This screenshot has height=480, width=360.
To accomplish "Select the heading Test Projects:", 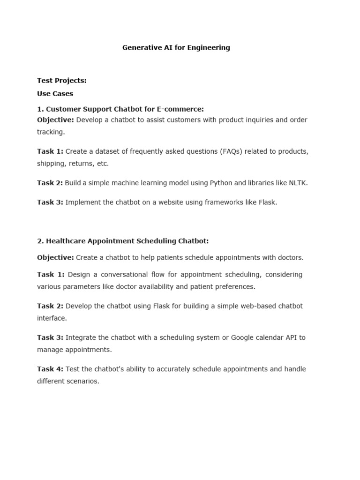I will coord(62,81).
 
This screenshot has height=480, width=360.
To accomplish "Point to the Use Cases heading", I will coord(55,94).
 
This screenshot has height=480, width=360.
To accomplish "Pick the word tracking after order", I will coord(50,132).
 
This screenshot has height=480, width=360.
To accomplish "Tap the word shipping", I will coord(51,164).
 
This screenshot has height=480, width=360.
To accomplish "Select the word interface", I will coord(52,318).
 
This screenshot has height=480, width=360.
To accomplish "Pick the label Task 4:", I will coord(50,369).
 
